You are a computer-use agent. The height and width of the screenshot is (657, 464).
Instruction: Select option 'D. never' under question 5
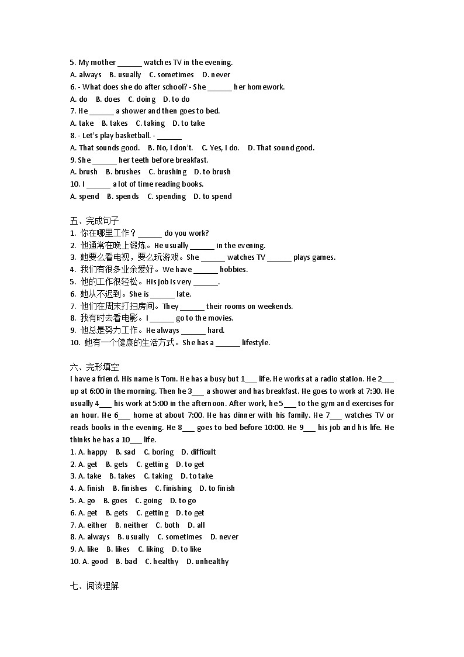(216, 75)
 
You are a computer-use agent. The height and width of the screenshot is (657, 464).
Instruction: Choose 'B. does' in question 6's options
(108, 99)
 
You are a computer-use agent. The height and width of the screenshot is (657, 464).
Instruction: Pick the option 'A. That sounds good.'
(105, 148)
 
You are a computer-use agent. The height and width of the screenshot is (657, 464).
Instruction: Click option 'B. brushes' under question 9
(123, 172)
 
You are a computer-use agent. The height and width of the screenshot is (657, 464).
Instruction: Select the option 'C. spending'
(167, 197)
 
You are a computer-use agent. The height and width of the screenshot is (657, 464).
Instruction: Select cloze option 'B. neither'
(131, 525)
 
